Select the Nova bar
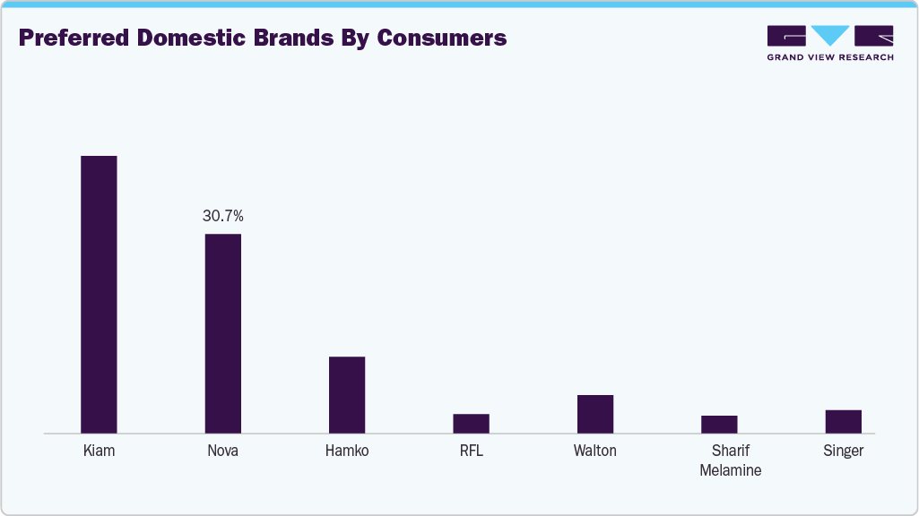pos(223,333)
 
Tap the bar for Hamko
pos(347,394)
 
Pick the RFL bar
pos(471,423)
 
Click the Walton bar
pos(595,413)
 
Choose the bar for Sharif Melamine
pos(719,424)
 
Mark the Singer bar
pos(843,421)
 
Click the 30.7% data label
pos(223,216)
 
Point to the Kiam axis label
pos(99,451)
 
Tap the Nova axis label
pos(223,451)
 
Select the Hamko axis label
pos(347,451)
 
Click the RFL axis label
pos(471,451)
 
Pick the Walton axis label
pos(595,451)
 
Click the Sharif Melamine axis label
pos(730,460)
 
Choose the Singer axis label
pos(843,451)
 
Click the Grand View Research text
pos(830,57)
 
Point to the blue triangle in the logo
pos(830,35)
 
